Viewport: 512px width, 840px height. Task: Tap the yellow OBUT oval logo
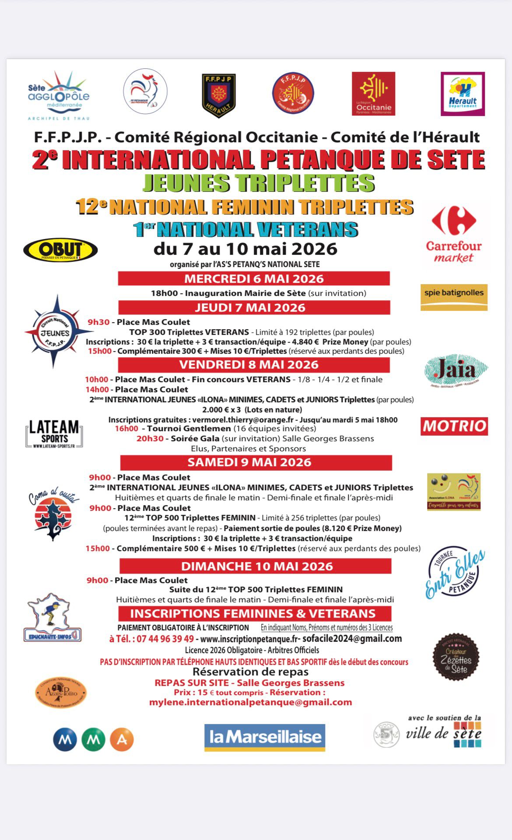[x=60, y=250]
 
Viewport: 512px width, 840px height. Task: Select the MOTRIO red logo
[x=454, y=426]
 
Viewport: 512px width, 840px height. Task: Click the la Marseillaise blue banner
[x=265, y=737]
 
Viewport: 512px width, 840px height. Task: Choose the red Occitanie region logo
[x=373, y=94]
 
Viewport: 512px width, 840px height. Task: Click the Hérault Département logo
[x=463, y=94]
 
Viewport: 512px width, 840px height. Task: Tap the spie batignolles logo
[x=454, y=296]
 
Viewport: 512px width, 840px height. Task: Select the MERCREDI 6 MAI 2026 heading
[x=254, y=279]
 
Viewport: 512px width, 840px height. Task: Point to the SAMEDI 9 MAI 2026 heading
[x=249, y=462]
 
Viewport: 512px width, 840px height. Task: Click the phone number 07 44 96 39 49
[x=165, y=639]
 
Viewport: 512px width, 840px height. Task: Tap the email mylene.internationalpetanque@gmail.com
[x=250, y=702]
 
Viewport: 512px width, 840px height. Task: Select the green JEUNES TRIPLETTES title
[x=259, y=183]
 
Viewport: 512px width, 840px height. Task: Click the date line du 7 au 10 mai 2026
[x=245, y=249]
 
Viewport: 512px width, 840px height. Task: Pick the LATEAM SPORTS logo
[x=54, y=433]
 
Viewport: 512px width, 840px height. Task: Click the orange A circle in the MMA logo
[x=122, y=739]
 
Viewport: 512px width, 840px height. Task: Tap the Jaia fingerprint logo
[x=456, y=370]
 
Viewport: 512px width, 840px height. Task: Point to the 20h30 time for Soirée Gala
[x=150, y=438]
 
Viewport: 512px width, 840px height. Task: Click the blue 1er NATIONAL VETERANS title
[x=245, y=229]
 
